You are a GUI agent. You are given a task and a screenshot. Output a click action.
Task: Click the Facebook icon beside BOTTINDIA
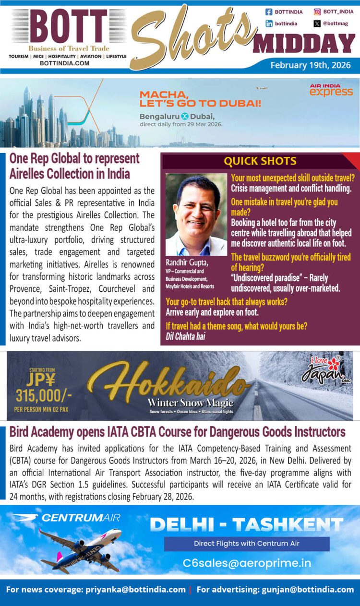pyautogui.click(x=269, y=12)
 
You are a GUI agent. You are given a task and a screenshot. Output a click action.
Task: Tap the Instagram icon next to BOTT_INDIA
pyautogui.click(x=317, y=12)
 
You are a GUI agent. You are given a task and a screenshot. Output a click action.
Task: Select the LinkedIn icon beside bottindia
pyautogui.click(x=269, y=23)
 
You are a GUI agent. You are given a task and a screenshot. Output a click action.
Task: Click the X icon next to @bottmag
pyautogui.click(x=317, y=23)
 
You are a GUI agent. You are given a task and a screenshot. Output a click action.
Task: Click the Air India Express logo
pyautogui.click(x=331, y=90)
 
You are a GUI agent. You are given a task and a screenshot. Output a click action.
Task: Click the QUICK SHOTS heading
pyautogui.click(x=260, y=161)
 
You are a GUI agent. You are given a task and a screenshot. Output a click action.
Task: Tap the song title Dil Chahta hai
pyautogui.click(x=185, y=336)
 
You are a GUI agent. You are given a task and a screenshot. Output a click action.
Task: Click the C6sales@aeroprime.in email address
pyautogui.click(x=247, y=563)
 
